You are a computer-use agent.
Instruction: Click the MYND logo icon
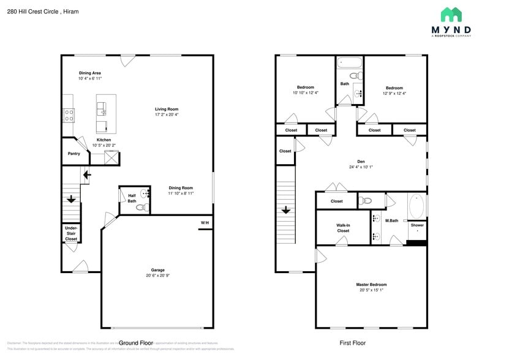pyautogui.click(x=451, y=15)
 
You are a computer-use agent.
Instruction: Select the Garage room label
pyautogui.click(x=158, y=270)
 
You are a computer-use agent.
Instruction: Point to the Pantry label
pyautogui.click(x=74, y=154)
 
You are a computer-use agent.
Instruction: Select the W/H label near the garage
pyautogui.click(x=205, y=222)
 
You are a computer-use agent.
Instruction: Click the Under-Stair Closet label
pyautogui.click(x=71, y=234)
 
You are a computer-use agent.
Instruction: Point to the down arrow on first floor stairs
pyautogui.click(x=285, y=211)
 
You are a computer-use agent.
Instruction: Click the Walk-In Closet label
pyautogui.click(x=343, y=228)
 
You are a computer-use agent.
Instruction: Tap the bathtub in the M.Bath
pyautogui.click(x=417, y=206)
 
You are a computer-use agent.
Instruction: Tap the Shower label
pyautogui.click(x=417, y=225)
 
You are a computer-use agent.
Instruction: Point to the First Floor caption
pyautogui.click(x=352, y=343)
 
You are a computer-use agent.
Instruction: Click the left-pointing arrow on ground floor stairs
pyautogui.click(x=87, y=175)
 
